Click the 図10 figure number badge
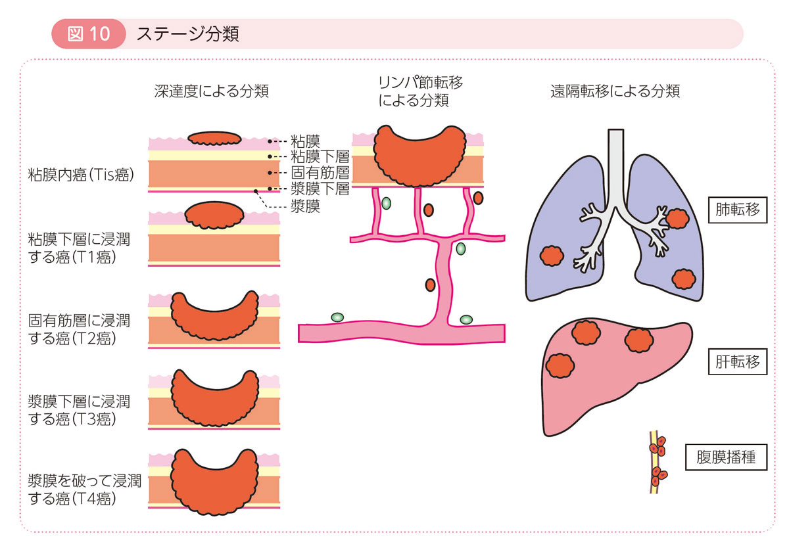click(x=88, y=34)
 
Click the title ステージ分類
click(x=187, y=34)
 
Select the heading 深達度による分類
click(x=211, y=91)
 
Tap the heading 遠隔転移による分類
click(x=614, y=91)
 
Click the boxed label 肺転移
click(x=737, y=210)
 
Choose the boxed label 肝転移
click(x=737, y=361)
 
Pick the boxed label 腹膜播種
click(x=726, y=458)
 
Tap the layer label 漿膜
click(x=305, y=206)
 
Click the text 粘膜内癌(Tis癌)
click(x=82, y=175)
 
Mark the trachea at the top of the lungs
click(x=616, y=164)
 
